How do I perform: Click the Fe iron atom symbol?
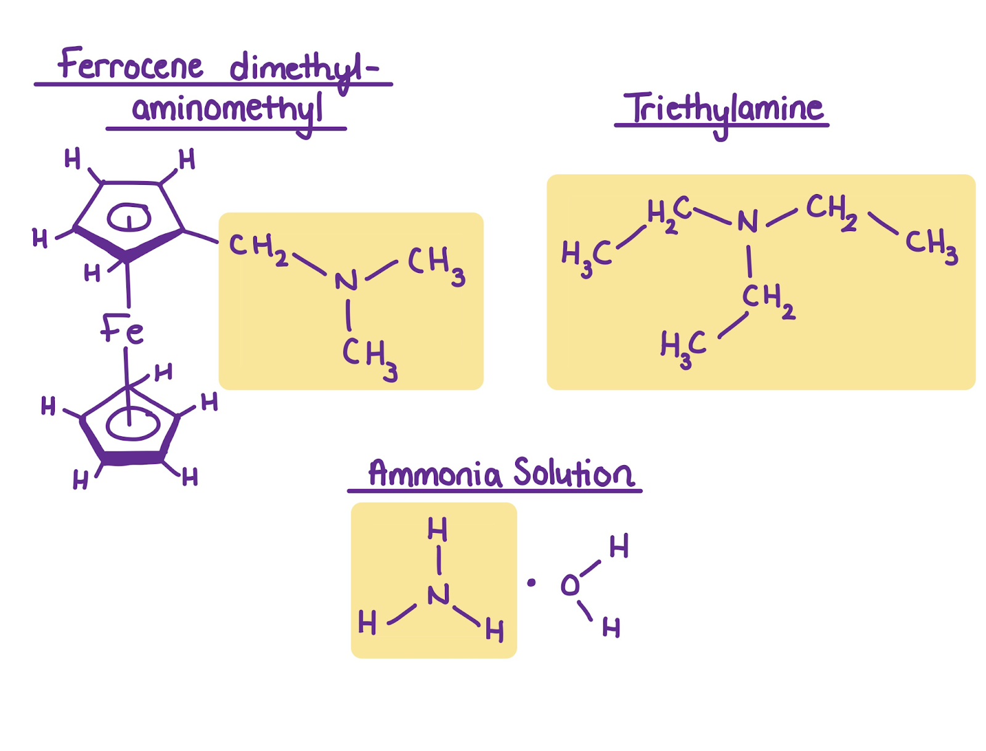pos(122,330)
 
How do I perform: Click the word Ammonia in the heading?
pos(434,474)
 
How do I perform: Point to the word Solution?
pos(574,473)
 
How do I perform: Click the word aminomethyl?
pos(227,112)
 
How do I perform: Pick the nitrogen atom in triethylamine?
pos(748,221)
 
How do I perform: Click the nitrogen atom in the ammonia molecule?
pos(438,595)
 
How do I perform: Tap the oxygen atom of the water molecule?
pos(570,585)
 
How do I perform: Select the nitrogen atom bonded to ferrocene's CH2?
pos(346,280)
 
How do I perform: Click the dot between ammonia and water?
pos(531,583)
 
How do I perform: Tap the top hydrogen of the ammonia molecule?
pos(437,529)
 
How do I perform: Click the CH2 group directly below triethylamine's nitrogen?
pos(768,300)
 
